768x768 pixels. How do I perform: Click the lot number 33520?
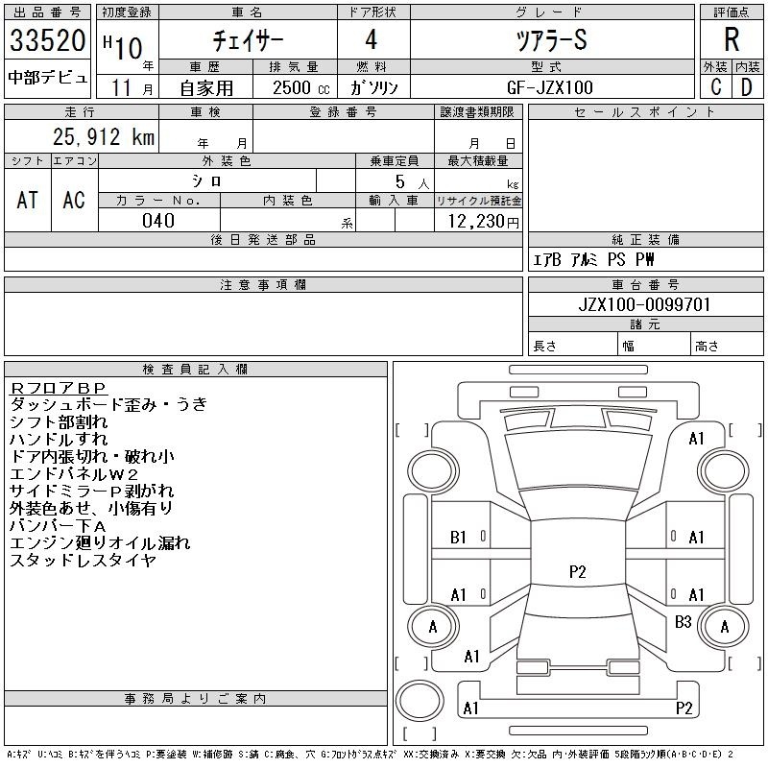[47, 40]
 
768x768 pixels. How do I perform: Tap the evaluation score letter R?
[732, 39]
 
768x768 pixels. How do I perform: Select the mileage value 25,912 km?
[104, 136]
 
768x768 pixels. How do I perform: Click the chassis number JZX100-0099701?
[644, 304]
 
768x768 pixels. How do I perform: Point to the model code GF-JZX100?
[550, 87]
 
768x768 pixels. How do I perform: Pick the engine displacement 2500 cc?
[301, 88]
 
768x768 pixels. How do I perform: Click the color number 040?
[158, 221]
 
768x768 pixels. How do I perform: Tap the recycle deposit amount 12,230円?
[484, 222]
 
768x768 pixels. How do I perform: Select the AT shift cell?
[28, 200]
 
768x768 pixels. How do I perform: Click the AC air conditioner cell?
[74, 200]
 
